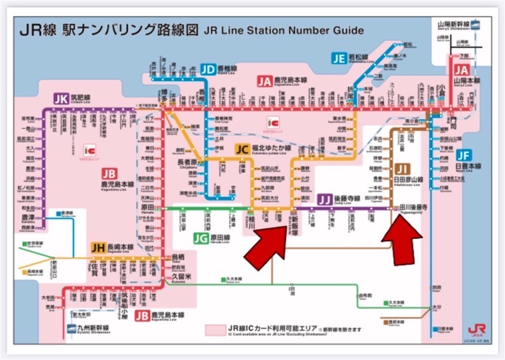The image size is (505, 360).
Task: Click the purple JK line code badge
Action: pos(61,99)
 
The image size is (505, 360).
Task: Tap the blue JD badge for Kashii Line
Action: pos(208,69)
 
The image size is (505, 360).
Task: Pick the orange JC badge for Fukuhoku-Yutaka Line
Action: pos(242,148)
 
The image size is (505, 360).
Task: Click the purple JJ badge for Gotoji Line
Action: pos(324,200)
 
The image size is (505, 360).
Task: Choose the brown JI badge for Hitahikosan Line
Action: pos(403,169)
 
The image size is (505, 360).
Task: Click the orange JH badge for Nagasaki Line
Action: pos(98,248)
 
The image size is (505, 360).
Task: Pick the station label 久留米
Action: pos(181,278)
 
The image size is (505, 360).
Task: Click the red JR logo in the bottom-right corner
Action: pos(476,329)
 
